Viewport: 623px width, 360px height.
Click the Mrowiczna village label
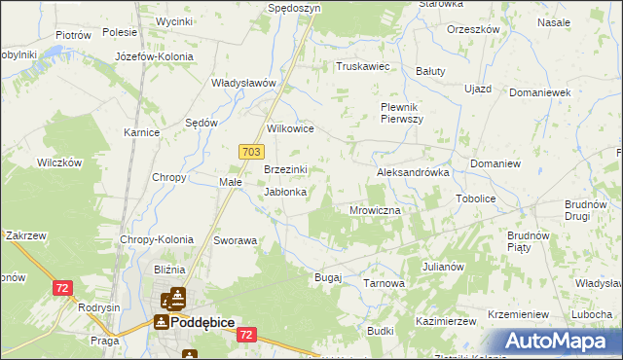(x=376, y=209)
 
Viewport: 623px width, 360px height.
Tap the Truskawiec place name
(x=362, y=66)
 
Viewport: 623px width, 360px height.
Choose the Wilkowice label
(x=290, y=127)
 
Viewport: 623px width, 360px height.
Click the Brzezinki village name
(x=286, y=169)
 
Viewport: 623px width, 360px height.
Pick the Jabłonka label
(x=286, y=192)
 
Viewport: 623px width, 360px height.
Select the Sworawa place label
(x=236, y=239)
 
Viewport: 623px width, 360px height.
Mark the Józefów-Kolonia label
(x=154, y=56)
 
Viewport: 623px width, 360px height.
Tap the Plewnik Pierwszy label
(x=401, y=113)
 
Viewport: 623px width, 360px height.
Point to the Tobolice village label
(x=476, y=198)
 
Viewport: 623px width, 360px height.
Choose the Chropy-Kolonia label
(x=157, y=239)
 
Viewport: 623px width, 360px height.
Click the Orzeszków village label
(x=473, y=29)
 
